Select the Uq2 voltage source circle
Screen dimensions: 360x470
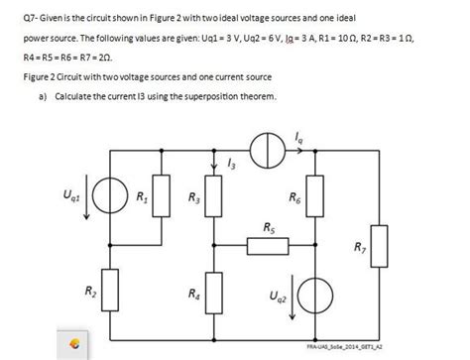coord(314,297)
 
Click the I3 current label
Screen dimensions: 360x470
coord(232,165)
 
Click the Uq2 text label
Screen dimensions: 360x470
coord(267,295)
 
